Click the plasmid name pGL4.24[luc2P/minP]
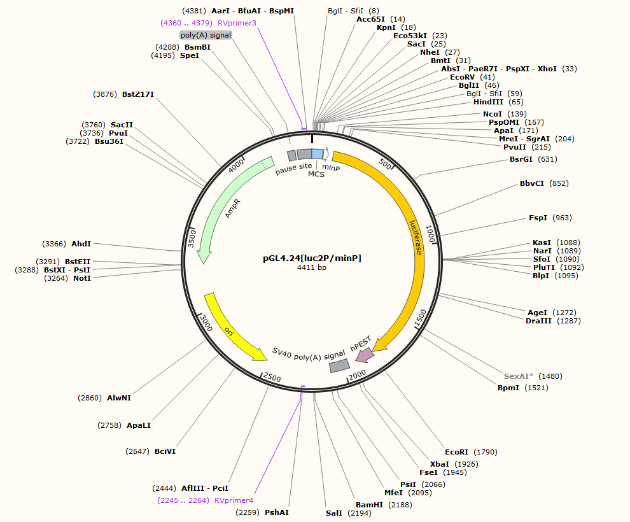point(312,258)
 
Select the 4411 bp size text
point(312,267)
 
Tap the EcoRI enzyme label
point(457,452)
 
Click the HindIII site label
point(488,102)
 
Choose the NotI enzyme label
point(82,278)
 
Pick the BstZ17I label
point(138,94)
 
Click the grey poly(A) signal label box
point(206,35)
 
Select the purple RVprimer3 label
point(237,22)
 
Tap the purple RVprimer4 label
point(234,500)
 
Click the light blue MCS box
point(317,153)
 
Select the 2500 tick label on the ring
point(272,377)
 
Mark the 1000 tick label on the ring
point(431,232)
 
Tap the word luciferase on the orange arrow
point(416,237)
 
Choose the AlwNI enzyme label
point(119,398)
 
